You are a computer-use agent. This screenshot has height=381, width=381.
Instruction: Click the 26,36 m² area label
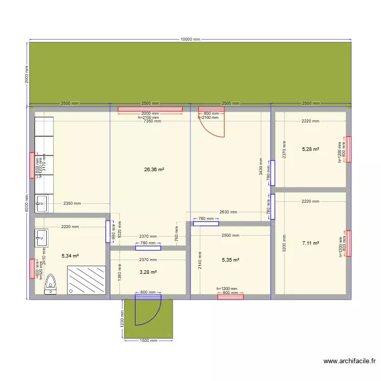[153, 170]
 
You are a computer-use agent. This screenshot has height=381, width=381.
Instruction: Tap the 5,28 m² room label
[310, 149]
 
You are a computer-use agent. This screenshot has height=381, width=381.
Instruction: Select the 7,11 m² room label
[310, 243]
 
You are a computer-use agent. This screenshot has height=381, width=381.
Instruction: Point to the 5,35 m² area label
[230, 260]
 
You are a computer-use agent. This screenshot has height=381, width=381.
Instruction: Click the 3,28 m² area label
[148, 272]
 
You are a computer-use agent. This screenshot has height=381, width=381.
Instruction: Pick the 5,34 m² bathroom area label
[70, 257]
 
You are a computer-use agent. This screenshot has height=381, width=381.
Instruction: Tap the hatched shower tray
[87, 279]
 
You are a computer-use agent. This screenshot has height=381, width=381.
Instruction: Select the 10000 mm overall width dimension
[190, 40]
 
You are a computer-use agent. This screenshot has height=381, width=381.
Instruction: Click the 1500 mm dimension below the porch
[148, 341]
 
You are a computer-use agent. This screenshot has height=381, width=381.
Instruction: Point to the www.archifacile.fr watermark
[350, 362]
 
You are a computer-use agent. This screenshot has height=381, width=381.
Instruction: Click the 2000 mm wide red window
[150, 109]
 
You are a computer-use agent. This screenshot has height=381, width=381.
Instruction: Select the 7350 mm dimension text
[152, 121]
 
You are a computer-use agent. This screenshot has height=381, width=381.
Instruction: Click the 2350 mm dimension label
[72, 204]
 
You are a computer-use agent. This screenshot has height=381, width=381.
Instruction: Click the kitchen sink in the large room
[41, 204]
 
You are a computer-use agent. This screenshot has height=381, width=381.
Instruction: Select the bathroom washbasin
[41, 238]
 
